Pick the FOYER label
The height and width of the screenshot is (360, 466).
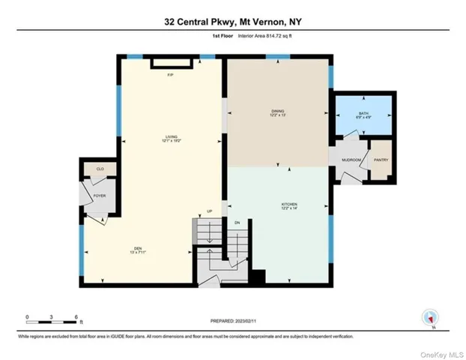tap(100, 196)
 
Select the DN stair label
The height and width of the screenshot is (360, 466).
tap(237, 223)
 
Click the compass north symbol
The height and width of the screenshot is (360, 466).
tap(429, 318)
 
